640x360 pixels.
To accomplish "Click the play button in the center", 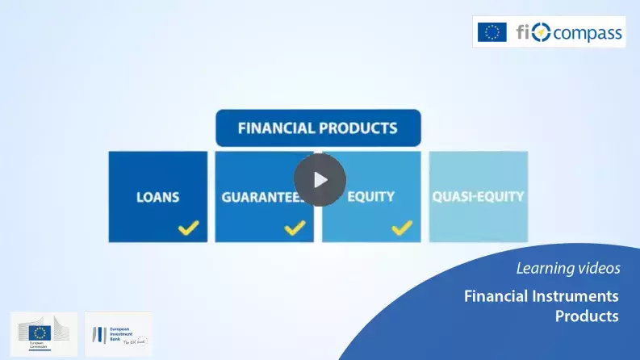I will click(320, 179).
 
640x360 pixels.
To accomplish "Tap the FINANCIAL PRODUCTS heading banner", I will click(318, 128).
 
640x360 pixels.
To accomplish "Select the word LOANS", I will click(157, 197).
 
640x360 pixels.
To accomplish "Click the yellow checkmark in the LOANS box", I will click(189, 228).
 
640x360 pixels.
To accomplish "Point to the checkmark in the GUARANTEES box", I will click(295, 228).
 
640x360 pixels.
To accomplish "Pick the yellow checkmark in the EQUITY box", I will click(402, 228).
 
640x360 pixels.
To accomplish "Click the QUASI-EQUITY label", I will click(479, 196).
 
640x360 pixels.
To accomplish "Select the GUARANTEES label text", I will click(258, 197).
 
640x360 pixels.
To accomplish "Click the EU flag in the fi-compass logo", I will click(492, 32).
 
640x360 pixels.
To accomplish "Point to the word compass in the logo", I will click(588, 33).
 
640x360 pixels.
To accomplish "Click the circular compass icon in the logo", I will click(541, 33).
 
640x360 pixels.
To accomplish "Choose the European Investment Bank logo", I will click(118, 333).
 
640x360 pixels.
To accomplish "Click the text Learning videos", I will click(567, 268).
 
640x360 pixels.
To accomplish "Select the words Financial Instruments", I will click(541, 295).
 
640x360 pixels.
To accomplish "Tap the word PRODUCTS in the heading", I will click(359, 128).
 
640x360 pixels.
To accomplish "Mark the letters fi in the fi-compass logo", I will click(523, 33).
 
